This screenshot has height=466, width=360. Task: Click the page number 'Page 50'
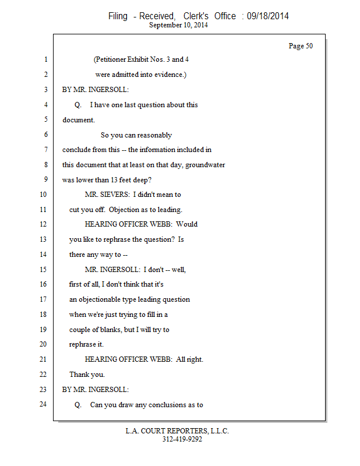tap(301, 46)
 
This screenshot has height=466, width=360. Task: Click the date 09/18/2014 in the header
tap(267, 16)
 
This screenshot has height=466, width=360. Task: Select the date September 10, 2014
tap(179, 25)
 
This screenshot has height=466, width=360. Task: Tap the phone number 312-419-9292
tap(182, 439)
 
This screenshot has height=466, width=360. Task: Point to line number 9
tap(45, 180)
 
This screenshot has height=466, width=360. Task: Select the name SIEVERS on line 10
tap(116, 195)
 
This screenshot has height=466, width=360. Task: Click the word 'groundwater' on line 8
tap(206, 165)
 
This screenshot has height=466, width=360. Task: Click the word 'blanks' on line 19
tap(118, 330)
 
